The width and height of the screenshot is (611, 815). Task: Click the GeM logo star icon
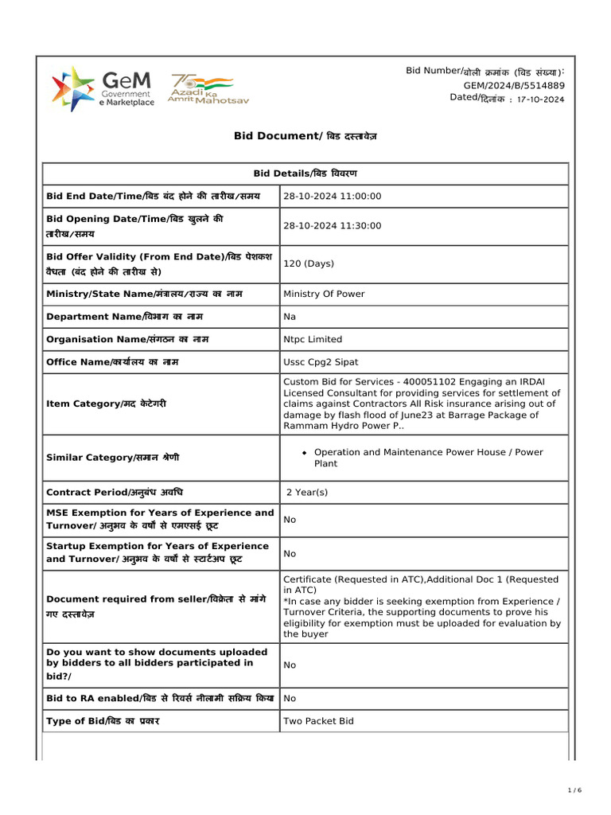(72, 88)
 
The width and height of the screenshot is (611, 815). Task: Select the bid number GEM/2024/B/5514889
(514, 85)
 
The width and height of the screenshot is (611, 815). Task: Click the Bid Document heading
(305, 136)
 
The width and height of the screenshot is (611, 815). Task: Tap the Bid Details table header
(305, 174)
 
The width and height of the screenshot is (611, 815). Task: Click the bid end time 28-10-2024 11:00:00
(333, 197)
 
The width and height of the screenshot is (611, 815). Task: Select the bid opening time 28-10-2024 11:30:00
(333, 226)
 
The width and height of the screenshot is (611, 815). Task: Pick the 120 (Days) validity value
(309, 263)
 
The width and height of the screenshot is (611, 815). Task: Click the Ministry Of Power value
(324, 294)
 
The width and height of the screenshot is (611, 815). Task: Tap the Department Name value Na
(290, 317)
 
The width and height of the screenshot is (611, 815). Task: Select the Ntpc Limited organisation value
(313, 339)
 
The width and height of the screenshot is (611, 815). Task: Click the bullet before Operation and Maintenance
(304, 453)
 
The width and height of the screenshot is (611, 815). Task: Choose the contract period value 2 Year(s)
(307, 493)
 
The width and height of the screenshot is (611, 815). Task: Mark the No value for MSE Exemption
(290, 520)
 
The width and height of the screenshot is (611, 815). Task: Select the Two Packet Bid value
(318, 721)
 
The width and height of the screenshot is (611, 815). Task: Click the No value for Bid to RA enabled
(290, 698)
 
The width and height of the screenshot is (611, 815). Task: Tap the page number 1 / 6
(575, 790)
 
